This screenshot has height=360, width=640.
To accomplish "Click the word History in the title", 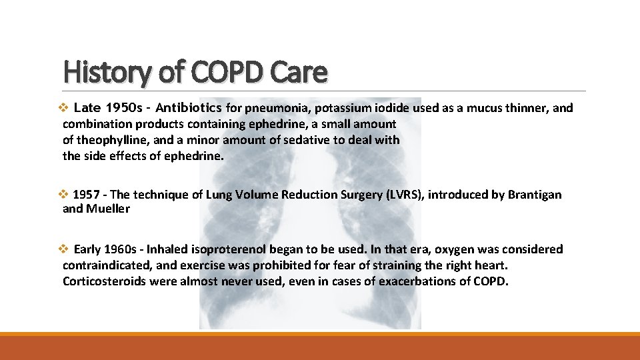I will (x=107, y=72).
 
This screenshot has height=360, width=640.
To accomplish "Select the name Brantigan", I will (x=535, y=195).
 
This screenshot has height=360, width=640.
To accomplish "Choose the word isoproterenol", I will (x=227, y=249).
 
